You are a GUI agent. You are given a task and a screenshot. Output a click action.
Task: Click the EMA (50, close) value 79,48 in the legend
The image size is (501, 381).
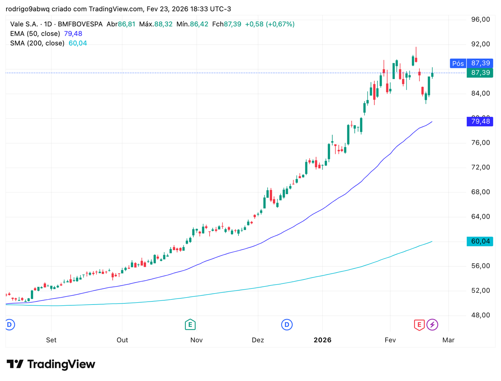(x=73, y=34)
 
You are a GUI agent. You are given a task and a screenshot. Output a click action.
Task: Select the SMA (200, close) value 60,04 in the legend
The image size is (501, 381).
(x=78, y=43)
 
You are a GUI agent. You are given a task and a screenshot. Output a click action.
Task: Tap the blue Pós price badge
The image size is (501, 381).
(x=458, y=63)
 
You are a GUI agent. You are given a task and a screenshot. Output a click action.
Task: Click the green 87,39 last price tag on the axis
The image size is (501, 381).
(x=480, y=73)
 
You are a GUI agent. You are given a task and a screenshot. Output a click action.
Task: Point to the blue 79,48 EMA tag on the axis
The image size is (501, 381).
(x=480, y=122)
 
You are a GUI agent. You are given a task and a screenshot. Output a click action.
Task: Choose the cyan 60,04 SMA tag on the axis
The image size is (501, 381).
(x=480, y=242)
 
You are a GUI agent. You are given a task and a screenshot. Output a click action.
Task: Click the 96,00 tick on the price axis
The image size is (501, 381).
(x=481, y=19)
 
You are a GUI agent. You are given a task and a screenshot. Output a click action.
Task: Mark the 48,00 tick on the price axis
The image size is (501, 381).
(x=481, y=315)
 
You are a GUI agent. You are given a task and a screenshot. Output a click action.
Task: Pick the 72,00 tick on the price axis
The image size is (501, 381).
(x=481, y=167)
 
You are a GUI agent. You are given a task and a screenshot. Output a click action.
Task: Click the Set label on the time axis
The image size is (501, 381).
(x=51, y=340)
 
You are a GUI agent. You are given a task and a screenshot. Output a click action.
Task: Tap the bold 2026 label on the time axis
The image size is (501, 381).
(x=322, y=340)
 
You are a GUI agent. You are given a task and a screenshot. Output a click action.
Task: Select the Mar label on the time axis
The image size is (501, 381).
(x=448, y=340)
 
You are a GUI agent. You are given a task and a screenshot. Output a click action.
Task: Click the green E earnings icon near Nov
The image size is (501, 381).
(x=190, y=325)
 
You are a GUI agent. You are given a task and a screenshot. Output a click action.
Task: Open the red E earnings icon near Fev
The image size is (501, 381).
(x=419, y=325)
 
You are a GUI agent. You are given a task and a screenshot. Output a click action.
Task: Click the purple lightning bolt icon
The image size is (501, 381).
(x=432, y=325)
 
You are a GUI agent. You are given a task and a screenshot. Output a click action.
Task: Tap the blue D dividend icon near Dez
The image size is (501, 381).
(x=287, y=325)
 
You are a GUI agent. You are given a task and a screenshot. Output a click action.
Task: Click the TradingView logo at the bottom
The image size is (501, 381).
(x=51, y=364)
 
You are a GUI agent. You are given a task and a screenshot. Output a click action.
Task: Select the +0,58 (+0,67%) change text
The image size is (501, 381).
(x=270, y=24)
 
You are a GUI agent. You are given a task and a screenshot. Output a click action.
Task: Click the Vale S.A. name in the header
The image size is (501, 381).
(x=24, y=24)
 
